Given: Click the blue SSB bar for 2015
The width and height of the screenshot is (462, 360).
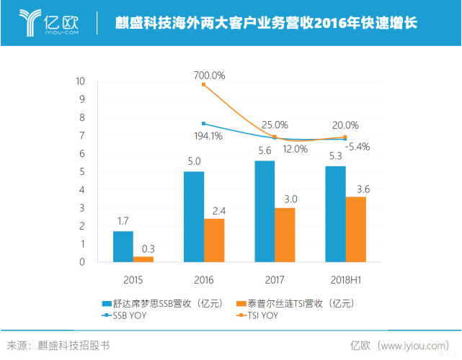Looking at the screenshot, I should [123, 246].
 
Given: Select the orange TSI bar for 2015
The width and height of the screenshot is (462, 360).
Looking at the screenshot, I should [143, 259].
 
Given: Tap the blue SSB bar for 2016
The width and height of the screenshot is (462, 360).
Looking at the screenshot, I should [194, 217].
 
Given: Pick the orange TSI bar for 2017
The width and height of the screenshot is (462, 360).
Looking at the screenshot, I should [285, 235].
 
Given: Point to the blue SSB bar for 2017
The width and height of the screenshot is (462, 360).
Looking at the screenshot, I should [265, 211].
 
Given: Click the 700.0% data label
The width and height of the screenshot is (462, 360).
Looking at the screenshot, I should [210, 75].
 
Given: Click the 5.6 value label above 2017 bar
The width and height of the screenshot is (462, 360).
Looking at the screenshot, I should [265, 152].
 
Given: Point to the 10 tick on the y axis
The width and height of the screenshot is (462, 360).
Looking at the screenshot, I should [81, 81].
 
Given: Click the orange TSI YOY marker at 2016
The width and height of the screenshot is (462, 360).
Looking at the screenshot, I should [204, 84].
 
